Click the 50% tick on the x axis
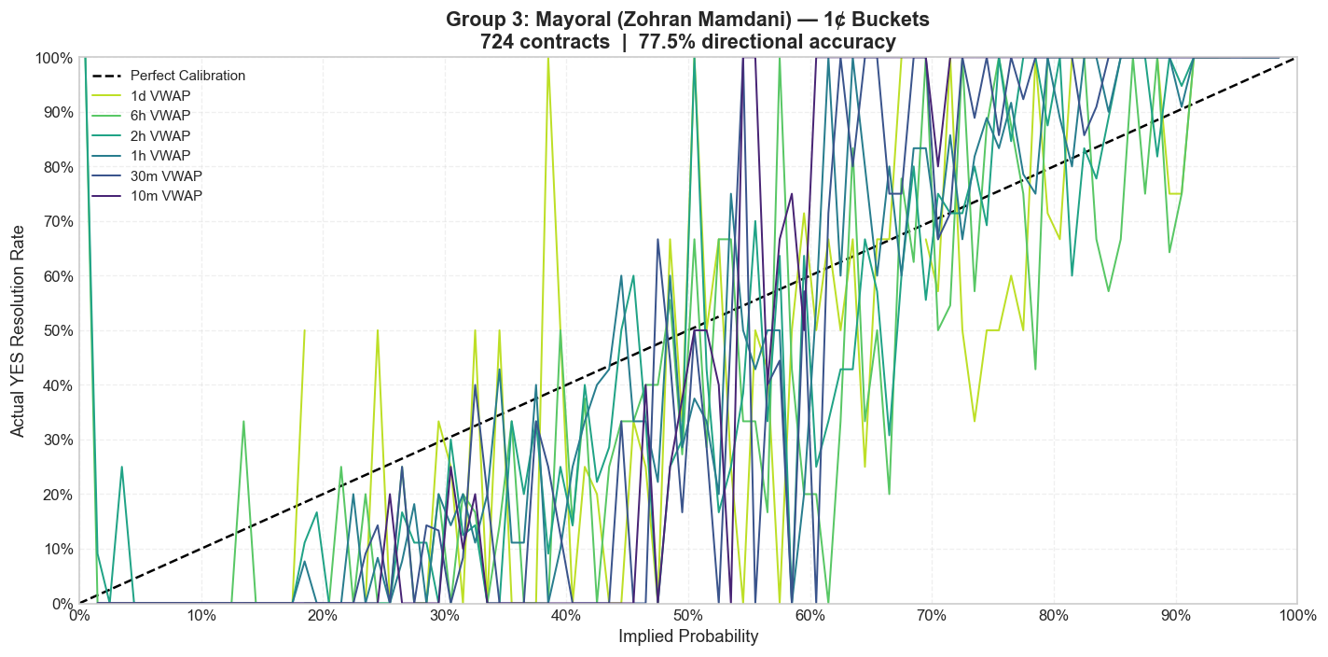[688, 616]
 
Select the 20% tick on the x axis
[323, 616]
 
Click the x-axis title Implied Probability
[688, 636]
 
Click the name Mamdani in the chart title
[736, 20]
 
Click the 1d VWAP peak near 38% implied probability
[547, 58]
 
